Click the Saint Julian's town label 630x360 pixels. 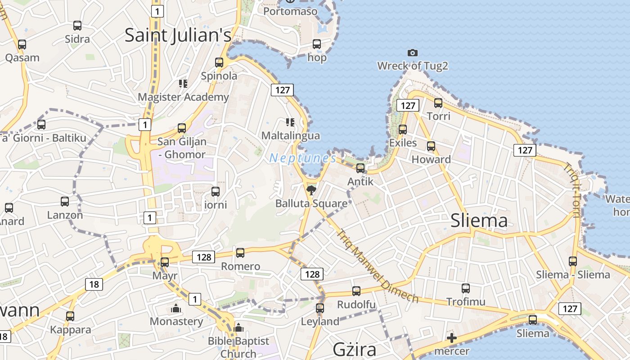pyautogui.click(x=178, y=35)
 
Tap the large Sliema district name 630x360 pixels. pyautogui.click(x=479, y=220)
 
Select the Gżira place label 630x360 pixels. pyautogui.click(x=354, y=349)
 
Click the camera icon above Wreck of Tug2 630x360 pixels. pyautogui.click(x=412, y=53)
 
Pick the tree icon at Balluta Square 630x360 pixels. pyautogui.click(x=311, y=190)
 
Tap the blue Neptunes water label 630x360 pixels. pyautogui.click(x=302, y=158)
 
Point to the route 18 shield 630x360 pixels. pyautogui.click(x=94, y=284)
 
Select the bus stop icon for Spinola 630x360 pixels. pyautogui.click(x=219, y=63)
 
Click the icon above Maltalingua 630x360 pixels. pyautogui.click(x=290, y=122)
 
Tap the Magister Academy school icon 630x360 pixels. pyautogui.click(x=183, y=83)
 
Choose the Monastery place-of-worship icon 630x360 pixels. pyautogui.click(x=175, y=309)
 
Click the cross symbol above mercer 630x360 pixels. pyautogui.click(x=452, y=338)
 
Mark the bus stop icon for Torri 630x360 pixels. pyautogui.click(x=438, y=103)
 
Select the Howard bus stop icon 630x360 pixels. pyautogui.click(x=431, y=146)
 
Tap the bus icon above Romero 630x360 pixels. pyautogui.click(x=240, y=253)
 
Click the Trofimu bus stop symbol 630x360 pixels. pyautogui.click(x=466, y=288)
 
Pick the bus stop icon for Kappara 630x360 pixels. pyautogui.click(x=70, y=316)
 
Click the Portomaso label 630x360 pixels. pyautogui.click(x=290, y=11)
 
